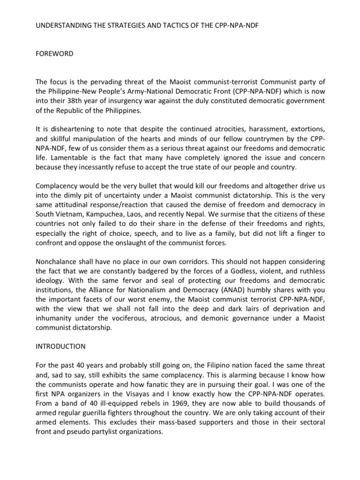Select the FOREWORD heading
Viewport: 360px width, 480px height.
(x=55, y=54)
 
